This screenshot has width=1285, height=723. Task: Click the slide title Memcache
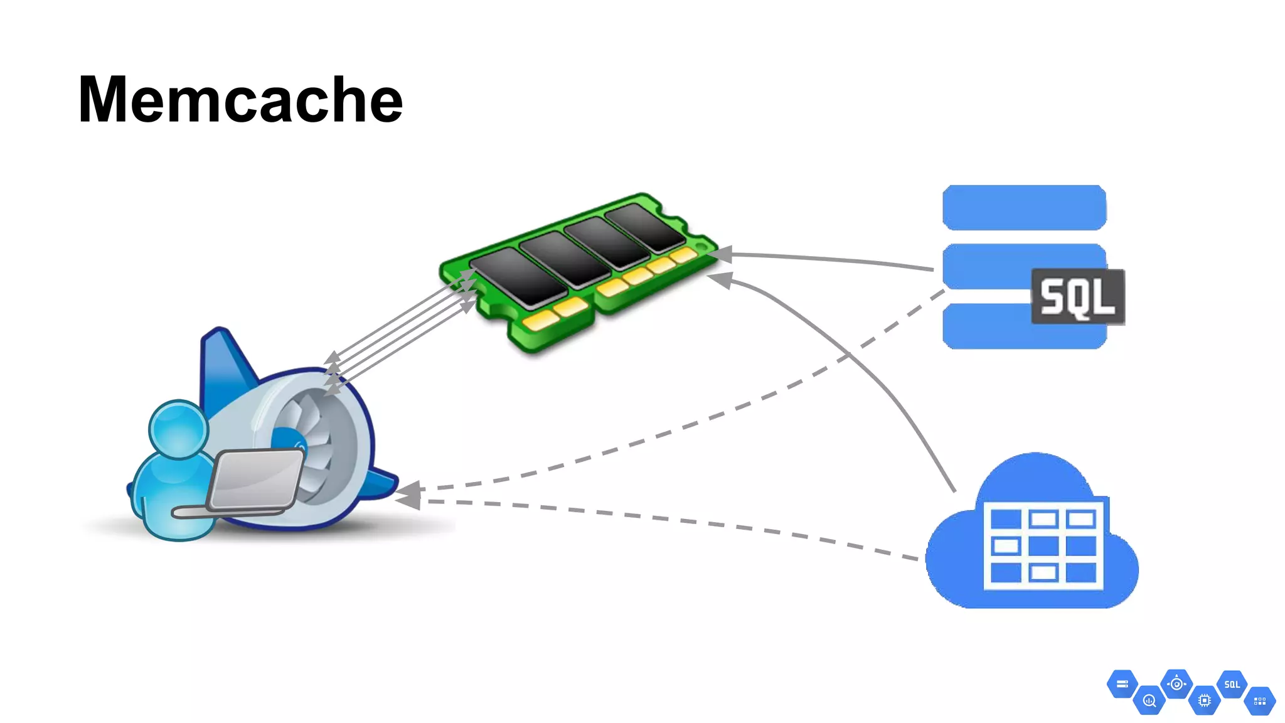click(240, 99)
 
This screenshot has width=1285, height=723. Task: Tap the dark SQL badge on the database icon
click(1077, 297)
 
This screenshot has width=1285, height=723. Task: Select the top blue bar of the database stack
click(1024, 208)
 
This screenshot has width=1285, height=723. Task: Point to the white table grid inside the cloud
click(1043, 545)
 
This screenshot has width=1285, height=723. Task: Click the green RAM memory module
click(577, 270)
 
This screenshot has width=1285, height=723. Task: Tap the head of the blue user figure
click(178, 429)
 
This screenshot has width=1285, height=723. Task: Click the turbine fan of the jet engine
click(307, 427)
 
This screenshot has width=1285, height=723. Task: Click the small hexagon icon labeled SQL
click(1232, 685)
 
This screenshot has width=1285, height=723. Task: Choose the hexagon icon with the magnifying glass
click(1149, 700)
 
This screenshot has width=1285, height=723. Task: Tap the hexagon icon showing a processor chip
click(1204, 700)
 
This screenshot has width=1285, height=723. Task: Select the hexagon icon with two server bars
click(1122, 684)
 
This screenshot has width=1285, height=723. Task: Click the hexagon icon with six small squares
click(1259, 701)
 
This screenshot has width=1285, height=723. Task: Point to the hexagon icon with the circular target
click(1176, 684)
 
